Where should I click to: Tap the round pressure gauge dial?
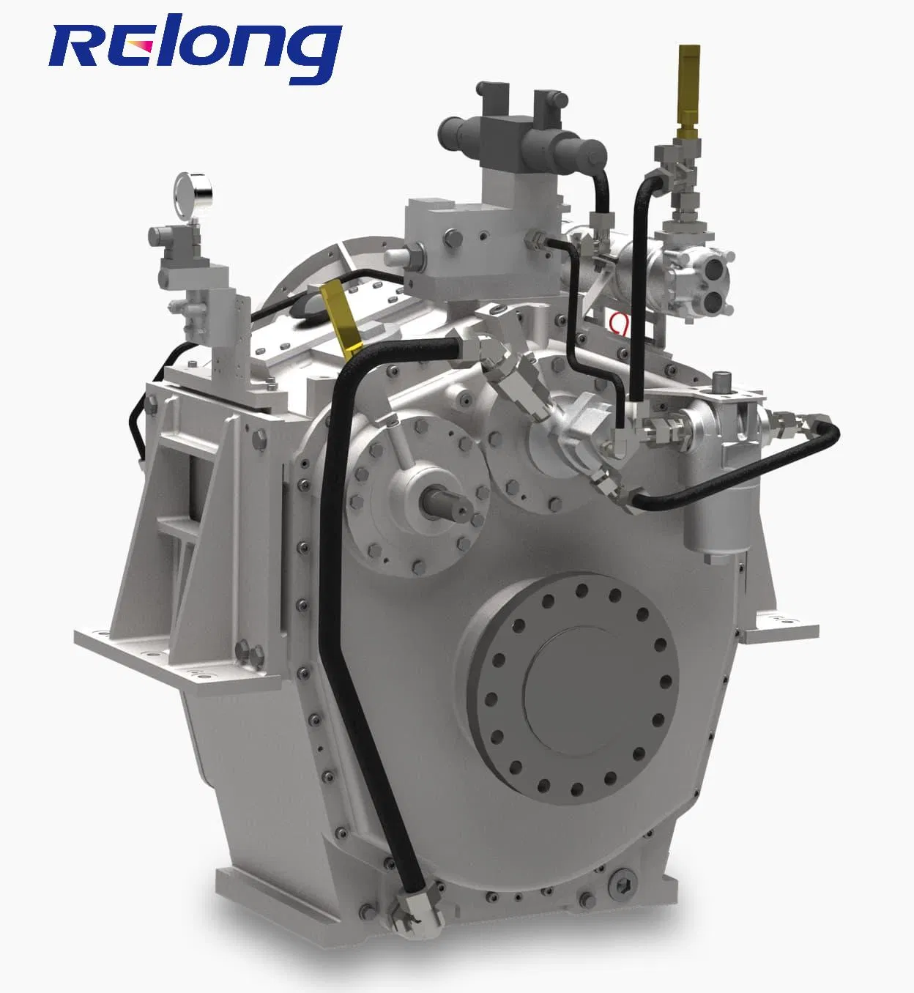pos(193,195)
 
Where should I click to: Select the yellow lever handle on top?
pos(342,319)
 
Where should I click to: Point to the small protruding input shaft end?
pos(445,503)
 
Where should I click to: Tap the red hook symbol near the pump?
pos(619,323)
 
